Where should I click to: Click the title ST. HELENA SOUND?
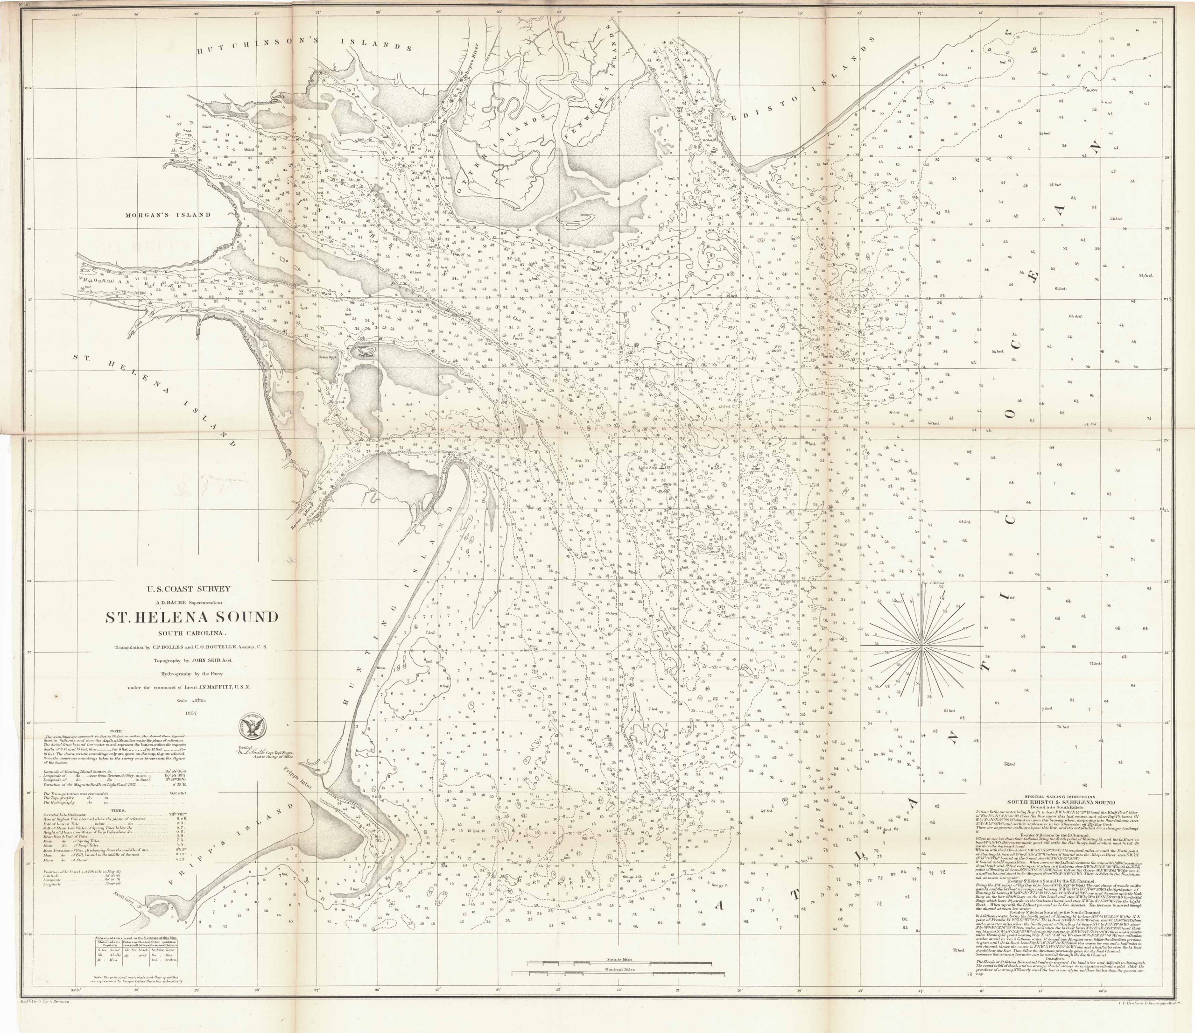click(191, 617)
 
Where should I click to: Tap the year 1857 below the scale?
click(191, 712)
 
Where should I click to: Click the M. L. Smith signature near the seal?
click(258, 751)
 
